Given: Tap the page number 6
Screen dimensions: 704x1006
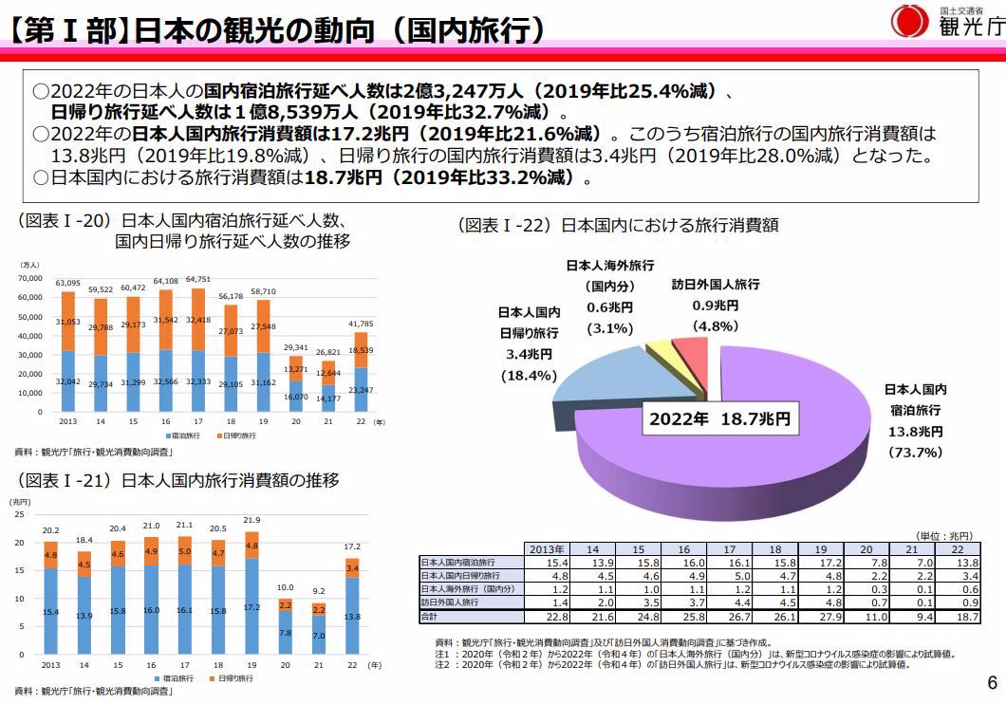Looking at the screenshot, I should pyautogui.click(x=992, y=683).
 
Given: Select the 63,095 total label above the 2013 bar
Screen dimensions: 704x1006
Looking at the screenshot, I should pyautogui.click(x=67, y=283).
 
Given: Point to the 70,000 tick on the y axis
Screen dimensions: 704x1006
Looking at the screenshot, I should pyautogui.click(x=30, y=279).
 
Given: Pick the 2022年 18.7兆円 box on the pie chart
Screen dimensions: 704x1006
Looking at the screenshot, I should pyautogui.click(x=719, y=417).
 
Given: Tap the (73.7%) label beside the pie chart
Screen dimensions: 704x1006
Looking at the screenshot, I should pyautogui.click(x=915, y=453).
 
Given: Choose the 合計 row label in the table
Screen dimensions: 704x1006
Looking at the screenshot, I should pyautogui.click(x=433, y=617).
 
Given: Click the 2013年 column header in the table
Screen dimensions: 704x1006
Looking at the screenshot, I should pyautogui.click(x=547, y=549).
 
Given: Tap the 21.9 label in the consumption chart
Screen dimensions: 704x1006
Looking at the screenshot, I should pyautogui.click(x=251, y=520).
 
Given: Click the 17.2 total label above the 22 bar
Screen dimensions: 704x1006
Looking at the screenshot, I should pyautogui.click(x=352, y=547).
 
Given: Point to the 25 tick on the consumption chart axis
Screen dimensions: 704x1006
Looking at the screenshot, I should pyautogui.click(x=16, y=514).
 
